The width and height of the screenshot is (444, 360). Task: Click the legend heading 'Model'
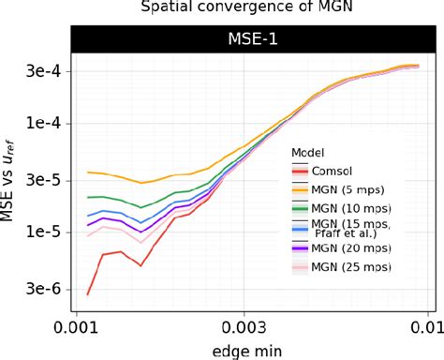pyautogui.click(x=307, y=152)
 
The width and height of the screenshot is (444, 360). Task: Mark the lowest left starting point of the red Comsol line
pyautogui.click(x=87, y=293)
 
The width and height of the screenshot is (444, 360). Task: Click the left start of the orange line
pyautogui.click(x=87, y=172)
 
